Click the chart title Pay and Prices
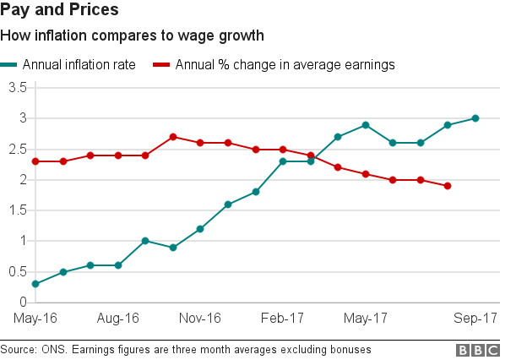pos(59,11)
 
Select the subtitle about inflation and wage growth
pos(132,36)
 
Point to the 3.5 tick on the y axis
pos(17,88)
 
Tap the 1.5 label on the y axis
pos(17,210)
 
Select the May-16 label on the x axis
pos(34,319)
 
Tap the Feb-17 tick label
pos(283,319)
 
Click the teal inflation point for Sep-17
pos(475,118)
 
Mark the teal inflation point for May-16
pos(35,284)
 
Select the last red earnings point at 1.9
pos(448,186)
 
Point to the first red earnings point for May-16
pos(35,161)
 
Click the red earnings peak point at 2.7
pos(172,137)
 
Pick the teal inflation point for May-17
pos(365,125)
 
